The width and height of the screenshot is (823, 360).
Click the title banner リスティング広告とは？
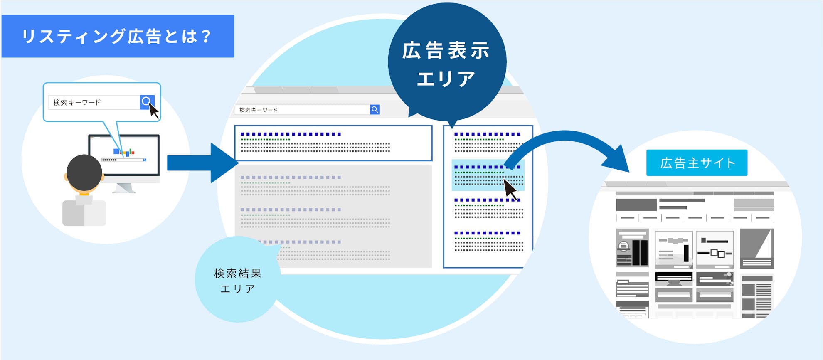pyautogui.click(x=118, y=36)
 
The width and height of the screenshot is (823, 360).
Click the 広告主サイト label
pyautogui.click(x=697, y=163)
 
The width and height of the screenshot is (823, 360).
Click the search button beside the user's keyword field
pyautogui.click(x=147, y=102)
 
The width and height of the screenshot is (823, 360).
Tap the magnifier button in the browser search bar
pyautogui.click(x=375, y=109)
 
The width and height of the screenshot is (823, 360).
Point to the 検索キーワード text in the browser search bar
pyautogui.click(x=258, y=110)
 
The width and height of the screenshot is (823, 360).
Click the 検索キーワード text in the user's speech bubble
pyautogui.click(x=77, y=102)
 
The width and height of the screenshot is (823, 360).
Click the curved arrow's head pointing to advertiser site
pyautogui.click(x=617, y=160)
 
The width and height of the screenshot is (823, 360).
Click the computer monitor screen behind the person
pyautogui.click(x=124, y=155)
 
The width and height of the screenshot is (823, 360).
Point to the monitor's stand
pyautogui.click(x=124, y=188)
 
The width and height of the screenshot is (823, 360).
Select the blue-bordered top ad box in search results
pyautogui.click(x=333, y=143)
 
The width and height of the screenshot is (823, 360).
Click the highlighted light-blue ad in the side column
pyautogui.click(x=488, y=175)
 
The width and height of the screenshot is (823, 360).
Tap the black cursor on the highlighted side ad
pyautogui.click(x=510, y=190)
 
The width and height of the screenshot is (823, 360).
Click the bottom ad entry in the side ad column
pyautogui.click(x=488, y=241)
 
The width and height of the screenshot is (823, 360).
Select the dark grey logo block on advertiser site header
pyautogui.click(x=636, y=205)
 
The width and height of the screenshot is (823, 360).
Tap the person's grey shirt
pyautogui.click(x=84, y=212)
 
